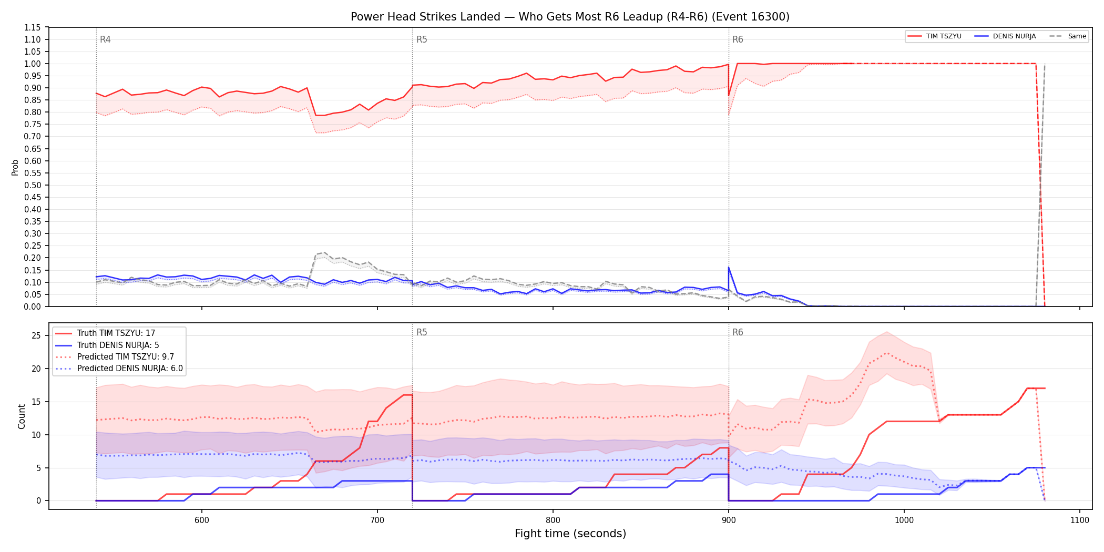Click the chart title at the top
(570, 17)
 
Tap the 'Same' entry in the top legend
(1068, 36)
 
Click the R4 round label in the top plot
(105, 39)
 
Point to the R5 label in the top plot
(422, 39)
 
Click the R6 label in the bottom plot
(738, 332)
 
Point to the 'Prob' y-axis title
(15, 167)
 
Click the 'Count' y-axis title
(22, 416)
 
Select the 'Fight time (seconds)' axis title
(570, 534)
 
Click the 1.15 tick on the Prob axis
(33, 27)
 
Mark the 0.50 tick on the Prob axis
(33, 185)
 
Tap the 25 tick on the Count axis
(36, 336)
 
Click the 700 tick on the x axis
(377, 520)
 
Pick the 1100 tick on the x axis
(1079, 520)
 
